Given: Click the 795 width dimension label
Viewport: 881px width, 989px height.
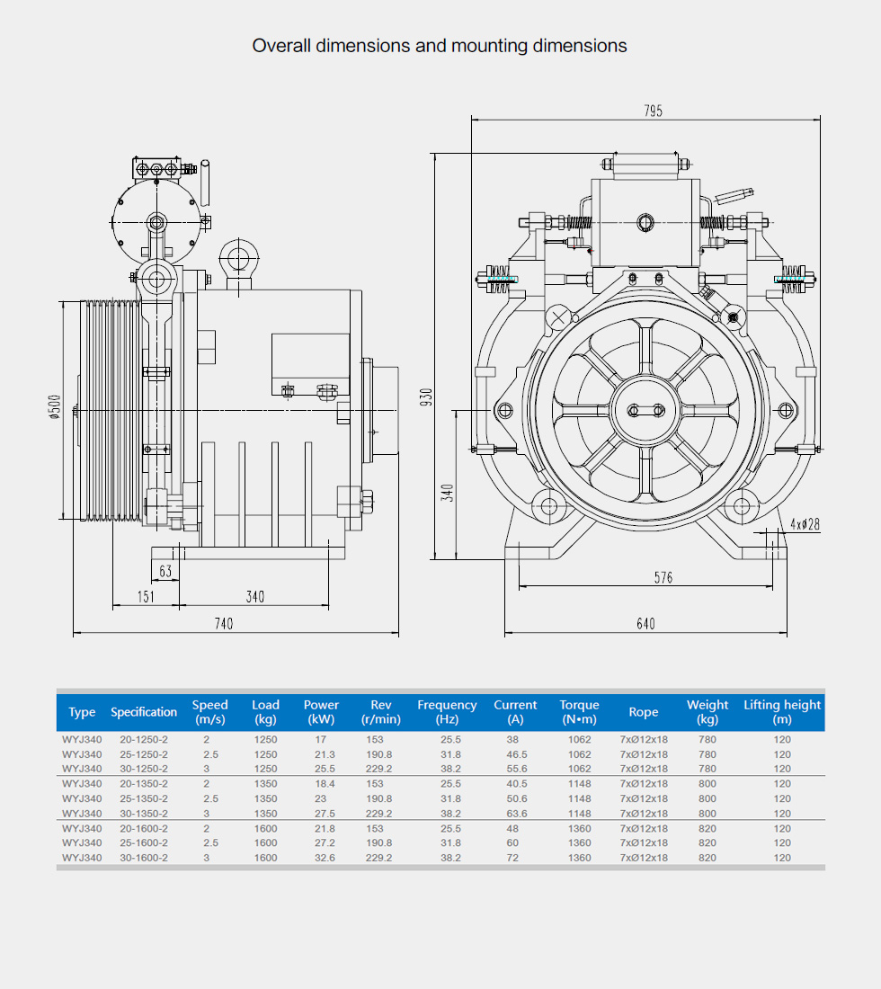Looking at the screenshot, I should coord(653,111).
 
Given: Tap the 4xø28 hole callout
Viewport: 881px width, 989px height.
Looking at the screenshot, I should coord(805,524).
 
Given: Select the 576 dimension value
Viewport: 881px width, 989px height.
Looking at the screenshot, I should coord(663,578).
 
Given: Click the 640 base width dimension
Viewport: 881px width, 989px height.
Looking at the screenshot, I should coord(645,624).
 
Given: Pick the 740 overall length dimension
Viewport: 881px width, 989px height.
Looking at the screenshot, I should coord(223,624).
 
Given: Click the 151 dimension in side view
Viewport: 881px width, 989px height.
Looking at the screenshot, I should coord(146,596).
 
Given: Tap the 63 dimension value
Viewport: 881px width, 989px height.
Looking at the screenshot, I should coord(165,571).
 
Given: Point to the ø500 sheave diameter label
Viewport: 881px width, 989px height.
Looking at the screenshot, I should coord(56,407).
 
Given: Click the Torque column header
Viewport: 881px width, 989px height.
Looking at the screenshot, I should coord(579,712).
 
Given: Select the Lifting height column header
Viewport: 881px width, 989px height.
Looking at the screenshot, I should coord(782,712).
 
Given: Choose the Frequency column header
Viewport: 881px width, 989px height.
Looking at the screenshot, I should coord(447,712).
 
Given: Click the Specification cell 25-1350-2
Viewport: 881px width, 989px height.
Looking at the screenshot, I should coord(144,798).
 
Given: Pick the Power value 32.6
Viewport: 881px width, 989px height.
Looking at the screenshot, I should coord(325,858).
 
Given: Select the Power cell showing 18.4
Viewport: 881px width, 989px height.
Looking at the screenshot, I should coord(325,784).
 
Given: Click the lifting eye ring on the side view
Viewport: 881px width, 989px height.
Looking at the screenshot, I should coord(238,258).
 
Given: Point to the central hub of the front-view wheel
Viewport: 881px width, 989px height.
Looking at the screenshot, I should coord(646,410).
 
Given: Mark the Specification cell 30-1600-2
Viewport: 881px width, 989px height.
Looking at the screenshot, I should coord(144,858).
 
